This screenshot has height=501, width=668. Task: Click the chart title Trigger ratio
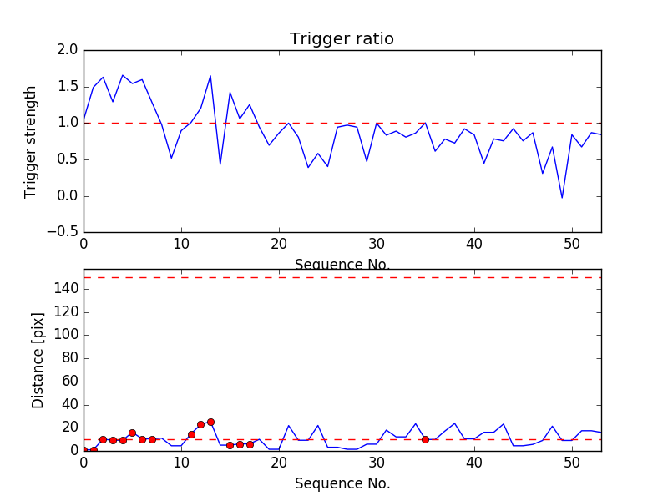point(342,39)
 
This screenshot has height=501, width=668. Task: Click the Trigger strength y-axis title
point(31,141)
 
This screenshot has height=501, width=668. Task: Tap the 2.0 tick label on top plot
point(68,50)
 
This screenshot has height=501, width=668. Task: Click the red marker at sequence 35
point(425,439)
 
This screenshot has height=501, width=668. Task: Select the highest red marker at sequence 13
point(210,422)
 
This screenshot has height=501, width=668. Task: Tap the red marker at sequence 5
point(132,433)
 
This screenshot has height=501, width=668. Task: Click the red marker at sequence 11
point(191,434)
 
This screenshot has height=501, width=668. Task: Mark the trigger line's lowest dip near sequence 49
point(562,198)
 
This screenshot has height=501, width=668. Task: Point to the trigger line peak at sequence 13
point(210,76)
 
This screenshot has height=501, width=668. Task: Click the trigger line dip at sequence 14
point(220,164)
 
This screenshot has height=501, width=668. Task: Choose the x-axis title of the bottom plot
point(342,483)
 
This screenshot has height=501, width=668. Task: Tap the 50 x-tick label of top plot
point(572,246)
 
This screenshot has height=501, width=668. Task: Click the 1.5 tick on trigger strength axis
point(68,87)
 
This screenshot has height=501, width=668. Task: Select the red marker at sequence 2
point(103,439)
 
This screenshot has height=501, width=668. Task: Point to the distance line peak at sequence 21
point(289,426)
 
